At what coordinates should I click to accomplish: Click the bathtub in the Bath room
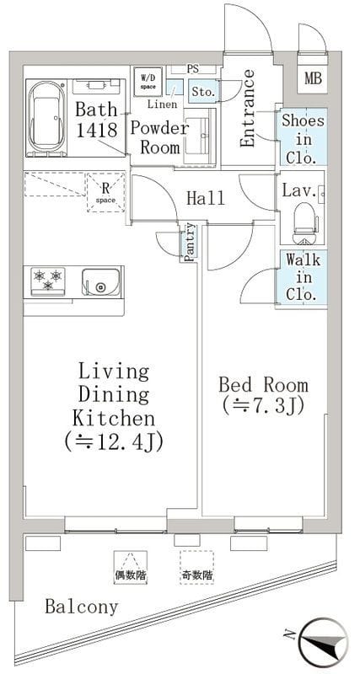[x=46, y=117]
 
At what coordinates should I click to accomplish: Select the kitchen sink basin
[x=100, y=282]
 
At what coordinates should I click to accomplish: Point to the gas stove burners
[x=48, y=280]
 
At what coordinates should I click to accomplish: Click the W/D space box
[x=148, y=81]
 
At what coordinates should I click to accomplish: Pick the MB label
[x=314, y=78]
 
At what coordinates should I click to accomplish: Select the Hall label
[x=206, y=198]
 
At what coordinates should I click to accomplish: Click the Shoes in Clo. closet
[x=301, y=136]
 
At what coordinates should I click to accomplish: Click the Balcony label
[x=81, y=607]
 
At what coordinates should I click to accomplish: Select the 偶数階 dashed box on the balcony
[x=129, y=567]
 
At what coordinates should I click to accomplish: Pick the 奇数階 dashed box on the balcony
[x=196, y=567]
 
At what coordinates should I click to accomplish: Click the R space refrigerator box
[x=105, y=192]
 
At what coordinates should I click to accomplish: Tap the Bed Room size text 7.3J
[x=263, y=405]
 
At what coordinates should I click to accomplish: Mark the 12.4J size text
[x=114, y=441]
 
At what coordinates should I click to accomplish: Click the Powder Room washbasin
[x=199, y=136]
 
